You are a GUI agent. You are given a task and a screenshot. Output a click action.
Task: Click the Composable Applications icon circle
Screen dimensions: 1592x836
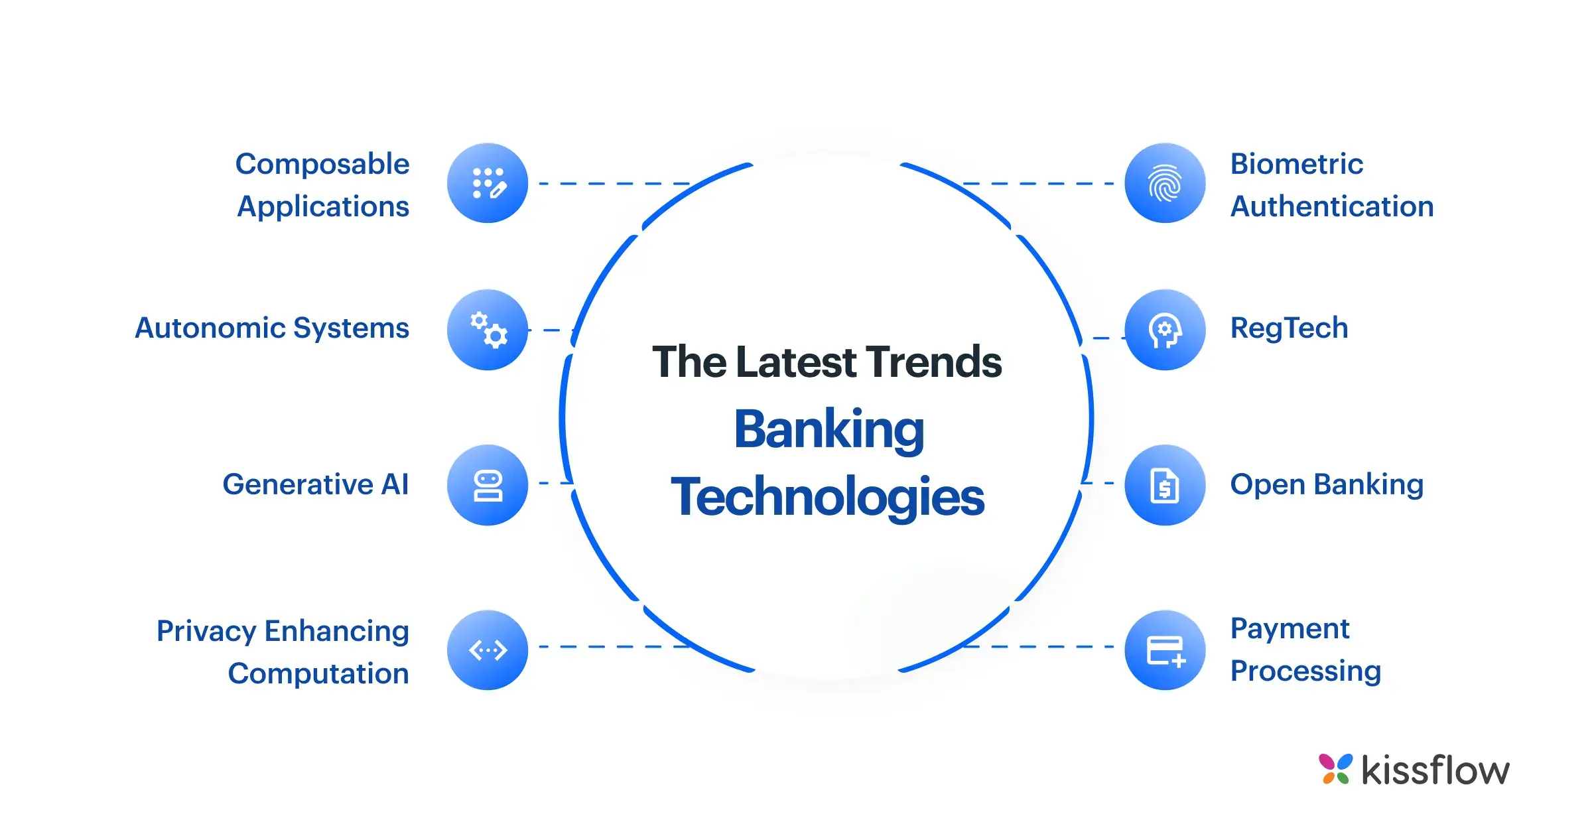pos(488,183)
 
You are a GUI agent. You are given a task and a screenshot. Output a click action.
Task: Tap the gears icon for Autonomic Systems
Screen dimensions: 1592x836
pos(488,330)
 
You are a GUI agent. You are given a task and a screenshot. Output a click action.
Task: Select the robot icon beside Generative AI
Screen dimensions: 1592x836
pos(488,485)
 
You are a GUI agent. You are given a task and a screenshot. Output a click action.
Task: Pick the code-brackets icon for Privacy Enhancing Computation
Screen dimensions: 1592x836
pos(488,650)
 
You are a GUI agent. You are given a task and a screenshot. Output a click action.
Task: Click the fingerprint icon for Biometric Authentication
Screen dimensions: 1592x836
pos(1165,183)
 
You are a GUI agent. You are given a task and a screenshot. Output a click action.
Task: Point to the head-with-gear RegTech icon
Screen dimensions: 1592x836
pos(1165,330)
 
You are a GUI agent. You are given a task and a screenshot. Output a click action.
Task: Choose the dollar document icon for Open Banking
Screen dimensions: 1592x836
pos(1165,485)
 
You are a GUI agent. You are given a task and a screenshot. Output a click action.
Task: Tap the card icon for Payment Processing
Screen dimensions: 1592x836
pos(1165,650)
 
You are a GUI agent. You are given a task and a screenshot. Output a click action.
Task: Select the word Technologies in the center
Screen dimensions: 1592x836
pos(828,498)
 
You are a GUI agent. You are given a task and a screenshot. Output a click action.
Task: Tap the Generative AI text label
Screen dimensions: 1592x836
pos(316,484)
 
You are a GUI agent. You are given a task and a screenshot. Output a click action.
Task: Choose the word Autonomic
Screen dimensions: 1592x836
pos(210,328)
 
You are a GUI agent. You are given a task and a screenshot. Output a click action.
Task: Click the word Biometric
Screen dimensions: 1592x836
pos(1297,164)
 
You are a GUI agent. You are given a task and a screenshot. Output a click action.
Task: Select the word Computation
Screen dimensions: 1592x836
pos(318,673)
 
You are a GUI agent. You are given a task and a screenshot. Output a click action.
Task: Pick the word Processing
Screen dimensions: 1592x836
pos(1306,671)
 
